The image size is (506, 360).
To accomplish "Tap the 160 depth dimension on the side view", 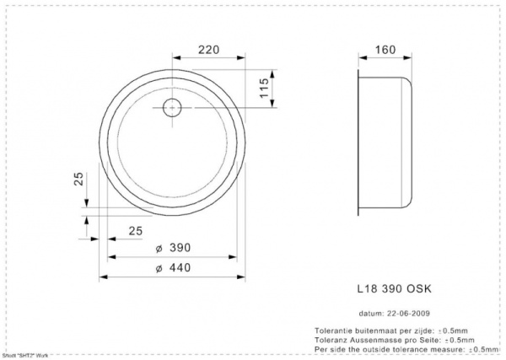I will click(385, 50).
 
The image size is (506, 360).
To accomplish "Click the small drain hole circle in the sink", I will click(172, 107).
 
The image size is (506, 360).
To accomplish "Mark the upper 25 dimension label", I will click(78, 180).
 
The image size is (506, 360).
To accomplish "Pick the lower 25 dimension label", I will click(135, 230).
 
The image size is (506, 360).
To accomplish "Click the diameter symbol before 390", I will click(159, 248).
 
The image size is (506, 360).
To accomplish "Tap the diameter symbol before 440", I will click(159, 267).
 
